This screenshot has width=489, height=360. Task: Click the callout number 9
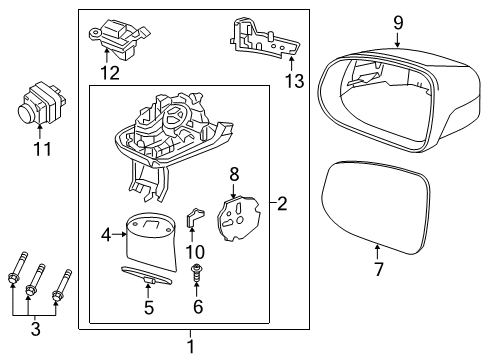397,22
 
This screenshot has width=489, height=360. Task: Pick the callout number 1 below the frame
190,346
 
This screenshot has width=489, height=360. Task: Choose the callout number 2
282,205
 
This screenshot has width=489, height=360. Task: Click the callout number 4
107,237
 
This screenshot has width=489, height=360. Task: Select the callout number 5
148,308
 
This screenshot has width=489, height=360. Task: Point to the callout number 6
198,308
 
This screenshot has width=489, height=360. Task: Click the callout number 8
234,173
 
